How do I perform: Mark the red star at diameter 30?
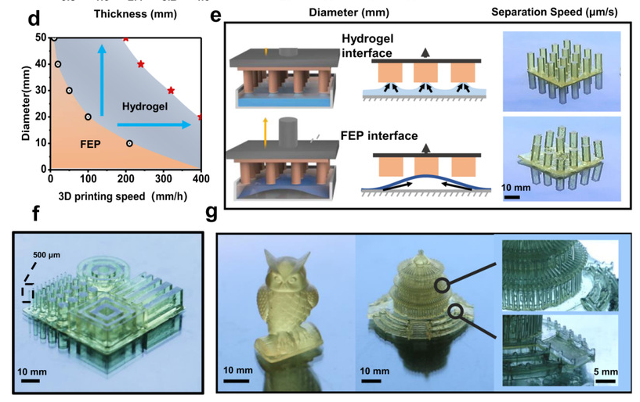pos(171,91)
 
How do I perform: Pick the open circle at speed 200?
pos(129,144)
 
